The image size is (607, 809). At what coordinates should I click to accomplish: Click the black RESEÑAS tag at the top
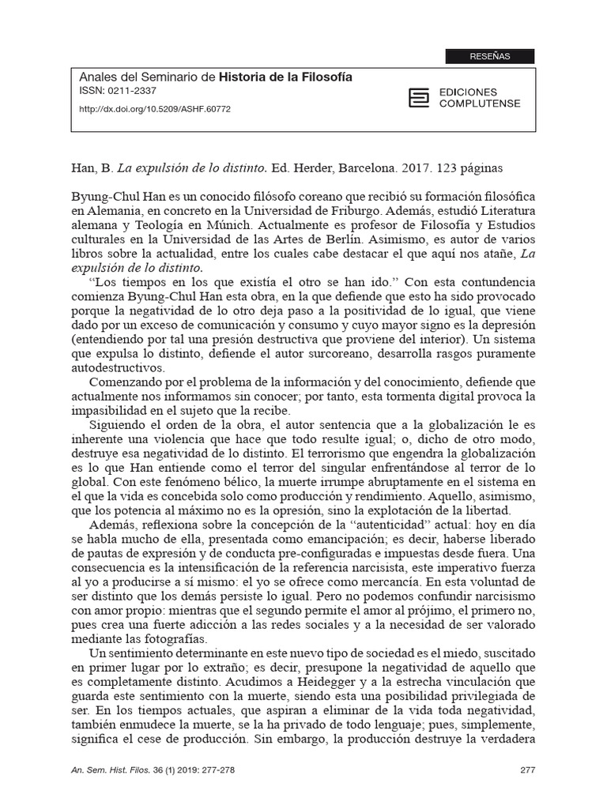490,56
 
